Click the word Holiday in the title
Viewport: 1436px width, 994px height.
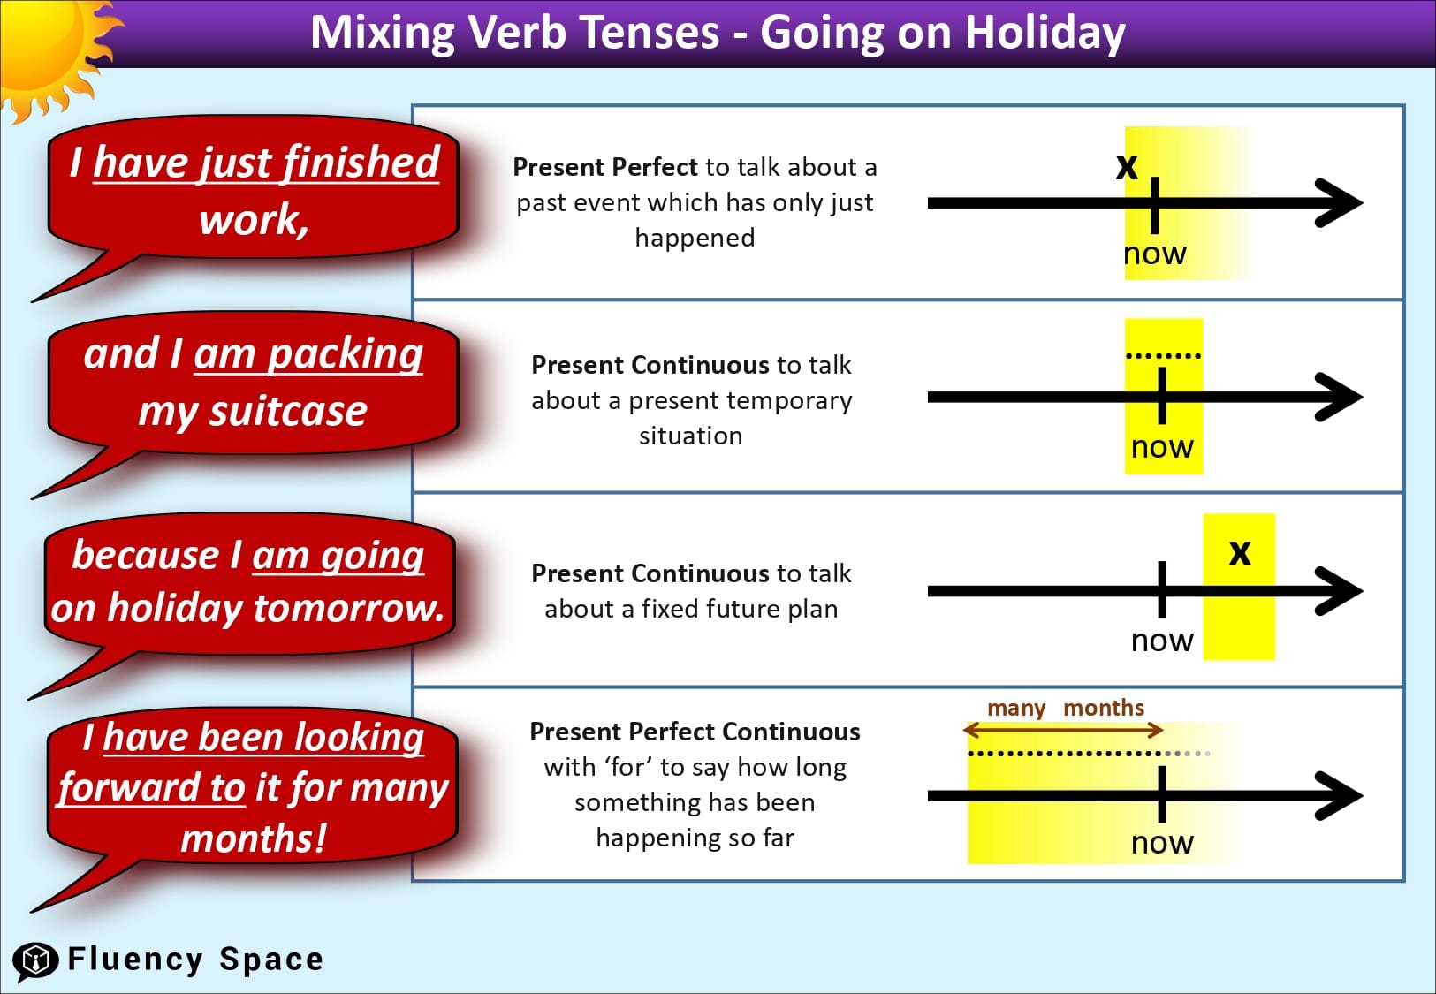pyautogui.click(x=1045, y=34)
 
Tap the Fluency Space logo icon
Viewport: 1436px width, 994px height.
pyautogui.click(x=35, y=960)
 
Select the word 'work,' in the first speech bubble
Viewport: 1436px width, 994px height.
pyautogui.click(x=255, y=219)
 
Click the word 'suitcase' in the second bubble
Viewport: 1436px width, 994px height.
pyautogui.click(x=288, y=411)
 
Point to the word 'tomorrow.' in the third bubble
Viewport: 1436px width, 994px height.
pyautogui.click(x=349, y=608)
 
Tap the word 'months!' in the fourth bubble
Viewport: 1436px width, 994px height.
pyautogui.click(x=254, y=838)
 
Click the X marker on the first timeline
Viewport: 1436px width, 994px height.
pyautogui.click(x=1127, y=166)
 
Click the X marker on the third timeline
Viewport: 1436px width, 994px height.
pyautogui.click(x=1240, y=553)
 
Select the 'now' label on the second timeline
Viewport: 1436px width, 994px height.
pyautogui.click(x=1162, y=447)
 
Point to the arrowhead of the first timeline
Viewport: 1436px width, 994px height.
pyautogui.click(x=1339, y=203)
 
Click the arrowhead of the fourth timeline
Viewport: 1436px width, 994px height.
pyautogui.click(x=1339, y=795)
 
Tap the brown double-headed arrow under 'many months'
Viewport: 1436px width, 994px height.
pyautogui.click(x=1063, y=730)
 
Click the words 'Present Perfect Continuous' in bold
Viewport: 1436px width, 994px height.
pyautogui.click(x=695, y=732)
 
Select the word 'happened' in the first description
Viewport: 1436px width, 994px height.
pyautogui.click(x=695, y=238)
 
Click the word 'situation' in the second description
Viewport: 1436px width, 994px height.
pyautogui.click(x=691, y=436)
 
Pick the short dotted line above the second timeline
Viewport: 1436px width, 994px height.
pyautogui.click(x=1163, y=356)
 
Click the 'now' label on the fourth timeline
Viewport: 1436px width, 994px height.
pyautogui.click(x=1162, y=843)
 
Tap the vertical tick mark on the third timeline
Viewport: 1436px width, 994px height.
pyautogui.click(x=1162, y=589)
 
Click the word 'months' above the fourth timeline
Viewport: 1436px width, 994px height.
pyautogui.click(x=1104, y=708)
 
